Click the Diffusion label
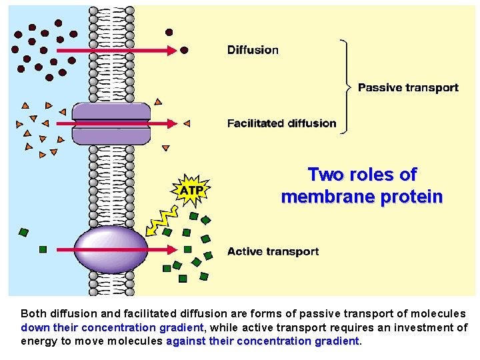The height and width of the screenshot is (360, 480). pos(253,50)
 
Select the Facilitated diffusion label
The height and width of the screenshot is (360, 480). pos(281,123)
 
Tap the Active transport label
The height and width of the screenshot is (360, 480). pos(273,251)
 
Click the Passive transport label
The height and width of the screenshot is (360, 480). pos(408,87)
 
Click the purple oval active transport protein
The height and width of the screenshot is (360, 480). pos(111,251)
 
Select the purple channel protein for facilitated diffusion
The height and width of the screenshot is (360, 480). pos(111,123)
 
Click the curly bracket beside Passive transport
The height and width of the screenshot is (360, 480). pos(345,87)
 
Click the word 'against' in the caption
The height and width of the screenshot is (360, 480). pos(186,341)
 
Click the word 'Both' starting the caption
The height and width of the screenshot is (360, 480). pos(33,313)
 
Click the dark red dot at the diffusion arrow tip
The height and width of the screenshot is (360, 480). pos(185,50)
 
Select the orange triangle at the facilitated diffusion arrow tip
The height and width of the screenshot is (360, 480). pos(187,123)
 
